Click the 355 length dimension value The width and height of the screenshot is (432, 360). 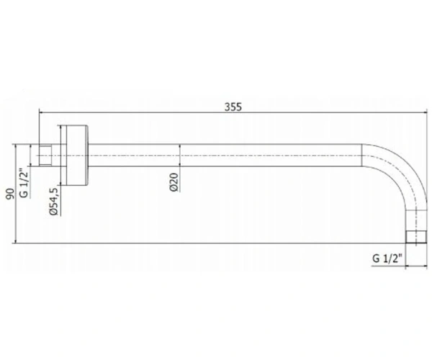[233, 107]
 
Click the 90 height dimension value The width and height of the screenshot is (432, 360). [10, 194]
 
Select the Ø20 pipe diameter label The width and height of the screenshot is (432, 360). [174, 182]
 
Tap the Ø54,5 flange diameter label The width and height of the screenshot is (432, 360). [53, 202]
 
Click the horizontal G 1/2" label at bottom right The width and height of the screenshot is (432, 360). [387, 258]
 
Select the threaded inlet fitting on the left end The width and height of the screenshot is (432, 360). [45, 156]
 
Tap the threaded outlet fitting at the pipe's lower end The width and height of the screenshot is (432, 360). [417, 237]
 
